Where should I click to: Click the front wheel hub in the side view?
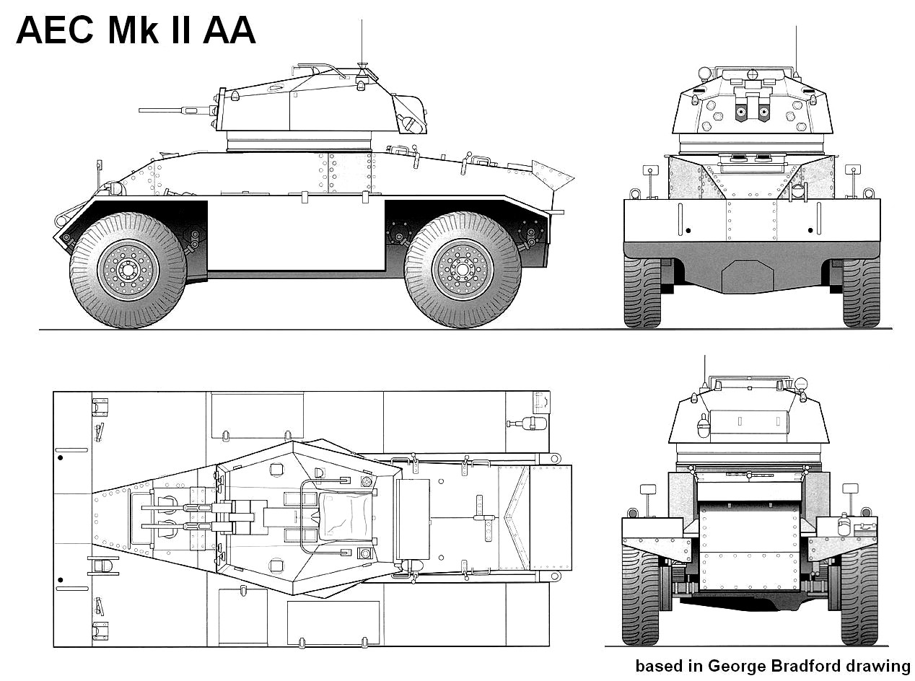pos(128,270)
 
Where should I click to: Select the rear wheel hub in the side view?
pos(462,270)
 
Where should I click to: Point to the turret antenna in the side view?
pos(362,43)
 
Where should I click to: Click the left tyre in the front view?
pos(642,292)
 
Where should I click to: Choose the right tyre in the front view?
pos(861,292)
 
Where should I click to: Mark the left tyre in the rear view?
pos(641,595)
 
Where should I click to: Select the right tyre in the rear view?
pos(859,595)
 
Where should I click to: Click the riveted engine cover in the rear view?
pos(750,546)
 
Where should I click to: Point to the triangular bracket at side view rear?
pos(552,175)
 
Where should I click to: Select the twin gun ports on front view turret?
pos(752,111)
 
